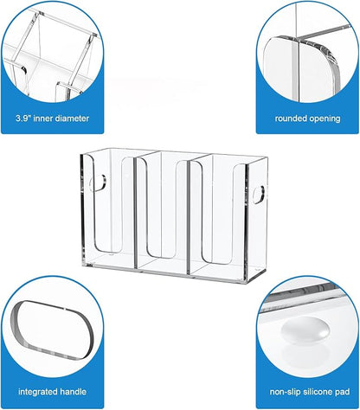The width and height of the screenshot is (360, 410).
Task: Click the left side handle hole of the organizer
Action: (x=100, y=184)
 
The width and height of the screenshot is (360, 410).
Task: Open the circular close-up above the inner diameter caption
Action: (x=50, y=50)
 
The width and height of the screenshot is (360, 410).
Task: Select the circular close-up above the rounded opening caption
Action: (x=307, y=50)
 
